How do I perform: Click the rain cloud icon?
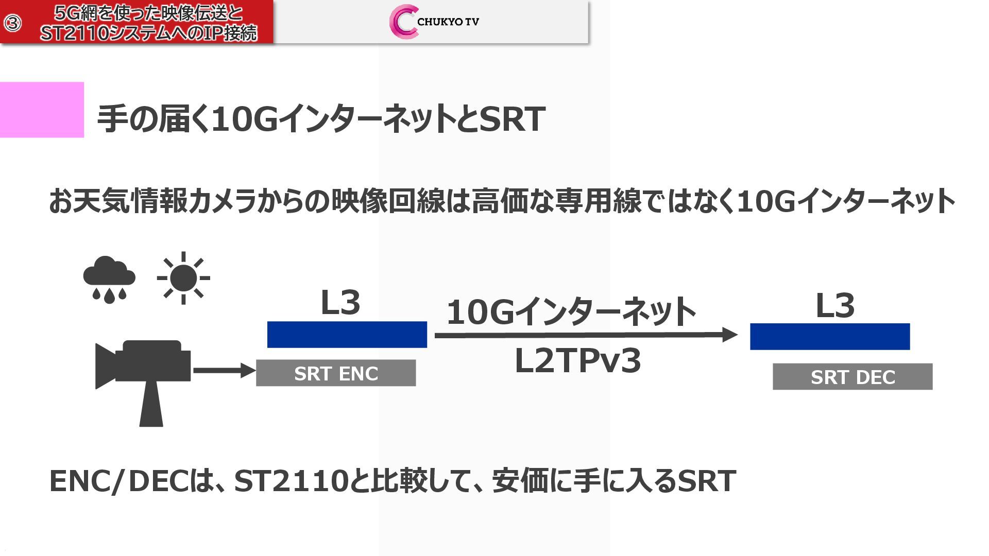coord(109,279)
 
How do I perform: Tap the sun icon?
coord(183,278)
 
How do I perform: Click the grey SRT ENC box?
coord(336,373)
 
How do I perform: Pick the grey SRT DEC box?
coord(852,377)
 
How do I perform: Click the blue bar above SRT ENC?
coord(347,335)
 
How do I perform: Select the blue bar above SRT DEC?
coord(830,337)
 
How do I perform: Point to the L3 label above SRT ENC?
coord(340,303)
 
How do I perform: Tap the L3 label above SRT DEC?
coord(835,306)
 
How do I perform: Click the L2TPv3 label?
coord(578,361)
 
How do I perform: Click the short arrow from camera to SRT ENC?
coord(224,370)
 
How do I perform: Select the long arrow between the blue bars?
coord(585,335)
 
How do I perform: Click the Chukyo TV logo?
coord(434,22)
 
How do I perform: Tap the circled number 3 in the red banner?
coord(13,23)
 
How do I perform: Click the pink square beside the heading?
coord(42,110)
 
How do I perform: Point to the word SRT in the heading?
coord(512,119)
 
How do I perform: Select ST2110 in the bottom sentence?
coord(290,481)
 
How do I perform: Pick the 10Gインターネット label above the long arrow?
coord(571,312)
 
